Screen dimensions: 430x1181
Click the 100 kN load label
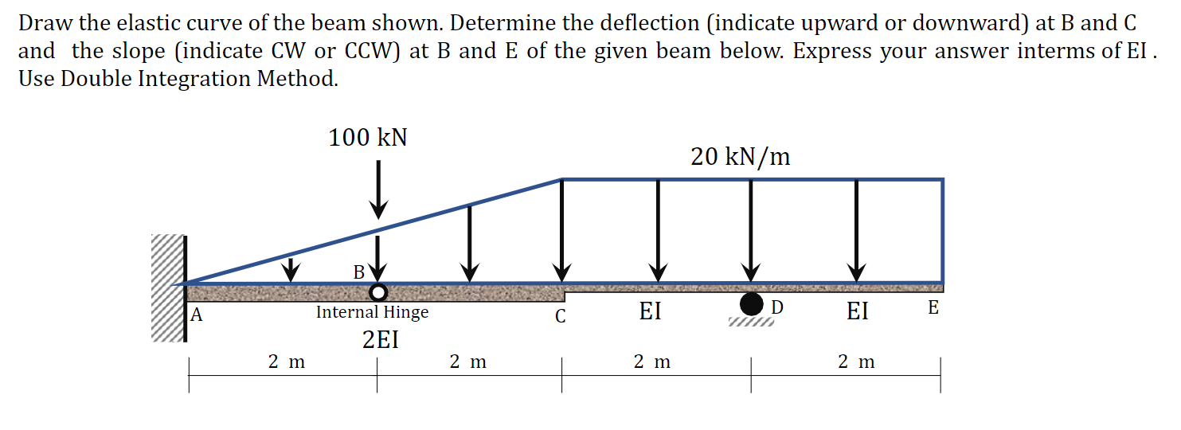(368, 138)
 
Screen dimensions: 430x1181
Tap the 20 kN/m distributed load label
(741, 157)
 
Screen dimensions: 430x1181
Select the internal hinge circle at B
(378, 291)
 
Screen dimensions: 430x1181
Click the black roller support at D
(750, 303)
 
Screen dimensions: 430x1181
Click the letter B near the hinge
(359, 272)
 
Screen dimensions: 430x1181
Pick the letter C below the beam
(561, 316)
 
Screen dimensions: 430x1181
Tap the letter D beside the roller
(777, 307)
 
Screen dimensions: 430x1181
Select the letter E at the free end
(933, 308)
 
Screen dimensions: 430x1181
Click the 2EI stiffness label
(380, 340)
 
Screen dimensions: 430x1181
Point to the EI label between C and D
(650, 311)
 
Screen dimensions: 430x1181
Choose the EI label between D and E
(857, 311)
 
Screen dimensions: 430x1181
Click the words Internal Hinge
(372, 312)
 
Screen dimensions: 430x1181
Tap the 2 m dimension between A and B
(286, 362)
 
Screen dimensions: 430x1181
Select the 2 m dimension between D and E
(856, 362)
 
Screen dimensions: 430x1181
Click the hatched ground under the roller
(750, 322)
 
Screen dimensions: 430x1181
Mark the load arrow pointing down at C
(562, 231)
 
